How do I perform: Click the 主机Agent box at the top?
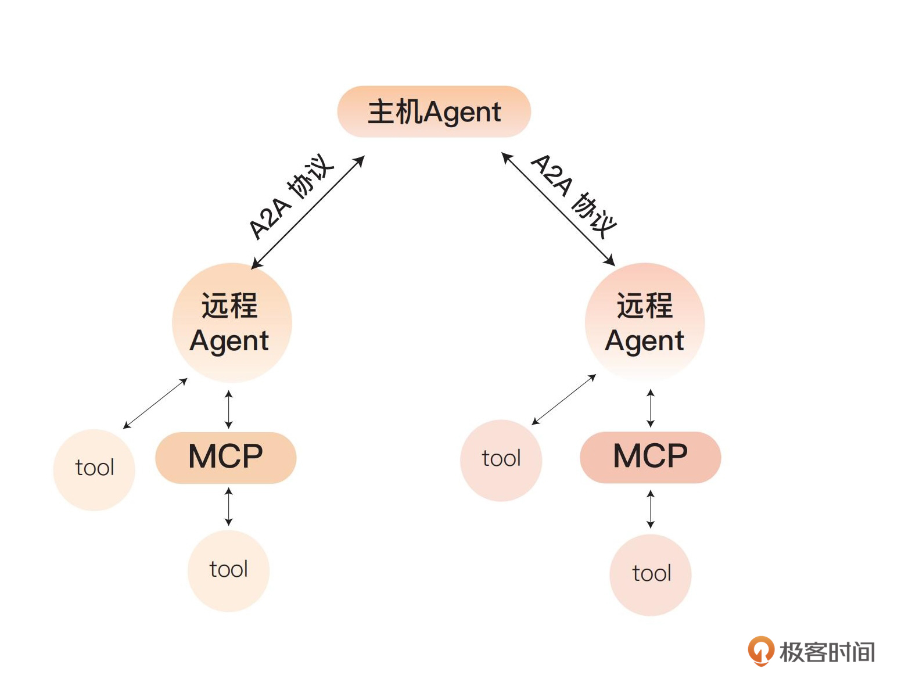coord(434,112)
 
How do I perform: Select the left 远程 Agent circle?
coord(231,322)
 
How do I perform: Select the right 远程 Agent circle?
coord(644,322)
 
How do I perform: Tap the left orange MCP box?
coord(225,457)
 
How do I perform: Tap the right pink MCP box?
coord(650,457)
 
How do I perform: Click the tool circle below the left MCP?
coord(228,570)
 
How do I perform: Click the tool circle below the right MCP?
coord(651,574)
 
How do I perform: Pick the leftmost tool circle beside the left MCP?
coord(94,469)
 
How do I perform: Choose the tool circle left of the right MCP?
coord(501,459)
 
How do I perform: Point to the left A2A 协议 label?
coord(290,196)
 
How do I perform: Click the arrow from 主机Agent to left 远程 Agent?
coord(308,212)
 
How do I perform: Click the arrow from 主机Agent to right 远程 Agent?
coord(558,210)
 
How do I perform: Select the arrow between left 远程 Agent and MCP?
coord(229,409)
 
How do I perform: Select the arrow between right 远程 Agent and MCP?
coord(651,408)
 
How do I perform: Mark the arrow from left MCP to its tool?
coord(229,507)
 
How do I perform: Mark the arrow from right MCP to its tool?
coord(651,509)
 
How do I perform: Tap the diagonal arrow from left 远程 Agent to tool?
coord(155,404)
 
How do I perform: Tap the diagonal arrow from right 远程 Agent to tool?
coord(563,400)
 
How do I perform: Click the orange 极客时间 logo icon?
coord(760,651)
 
